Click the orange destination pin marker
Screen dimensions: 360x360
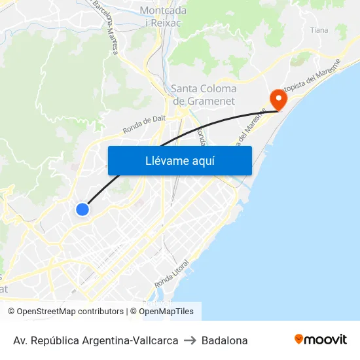click(x=278, y=99)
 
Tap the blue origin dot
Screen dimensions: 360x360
click(x=82, y=209)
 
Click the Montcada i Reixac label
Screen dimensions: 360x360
click(x=163, y=16)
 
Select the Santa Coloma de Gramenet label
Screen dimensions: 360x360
click(x=203, y=95)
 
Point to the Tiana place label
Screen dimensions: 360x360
click(x=319, y=30)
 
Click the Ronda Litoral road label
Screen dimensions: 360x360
click(x=172, y=274)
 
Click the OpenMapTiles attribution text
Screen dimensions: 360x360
click(x=166, y=312)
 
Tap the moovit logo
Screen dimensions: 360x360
click(x=320, y=340)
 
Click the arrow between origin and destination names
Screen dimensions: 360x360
click(x=190, y=340)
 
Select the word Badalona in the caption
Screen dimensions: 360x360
click(x=225, y=340)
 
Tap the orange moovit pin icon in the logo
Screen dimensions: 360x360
click(x=299, y=339)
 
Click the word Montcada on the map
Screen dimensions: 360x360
click(x=163, y=10)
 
